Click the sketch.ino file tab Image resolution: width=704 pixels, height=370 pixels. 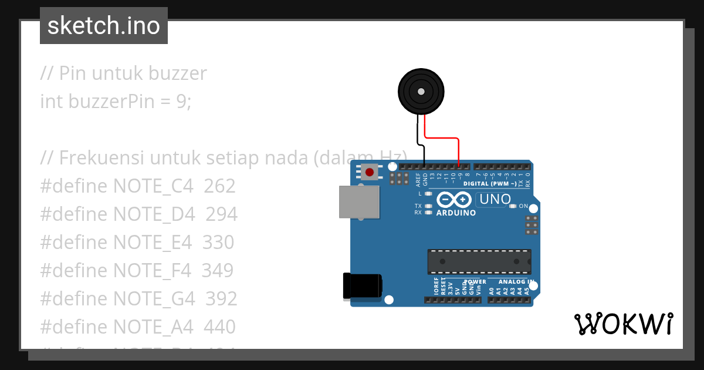[104, 26]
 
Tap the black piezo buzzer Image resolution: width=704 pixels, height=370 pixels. [421, 91]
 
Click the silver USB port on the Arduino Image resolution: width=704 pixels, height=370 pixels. [359, 202]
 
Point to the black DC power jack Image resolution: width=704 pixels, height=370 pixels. [363, 286]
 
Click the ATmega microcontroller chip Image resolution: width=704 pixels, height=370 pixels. [479, 261]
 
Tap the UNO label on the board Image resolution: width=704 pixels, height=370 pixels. [495, 200]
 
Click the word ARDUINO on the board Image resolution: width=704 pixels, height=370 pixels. [456, 213]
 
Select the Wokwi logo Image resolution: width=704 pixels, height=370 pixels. [623, 324]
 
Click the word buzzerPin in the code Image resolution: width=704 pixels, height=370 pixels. [112, 102]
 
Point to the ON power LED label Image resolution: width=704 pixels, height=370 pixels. [523, 206]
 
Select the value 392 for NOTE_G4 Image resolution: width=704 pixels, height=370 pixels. [221, 299]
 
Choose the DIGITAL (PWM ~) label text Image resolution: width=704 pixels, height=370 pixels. [490, 184]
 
